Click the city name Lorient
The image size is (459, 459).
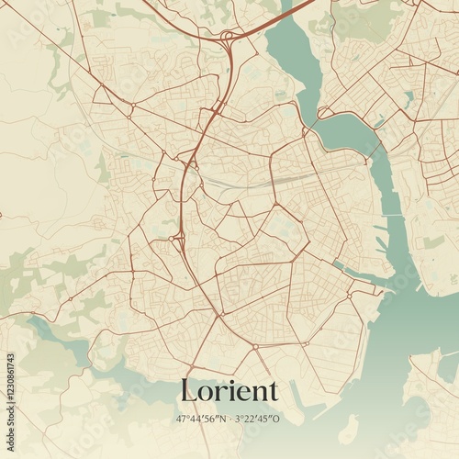(229, 391)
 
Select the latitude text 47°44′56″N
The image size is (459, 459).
(201, 418)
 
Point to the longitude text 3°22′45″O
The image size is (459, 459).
(258, 418)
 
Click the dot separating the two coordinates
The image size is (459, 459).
(229, 418)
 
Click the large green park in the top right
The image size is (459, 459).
(367, 23)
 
